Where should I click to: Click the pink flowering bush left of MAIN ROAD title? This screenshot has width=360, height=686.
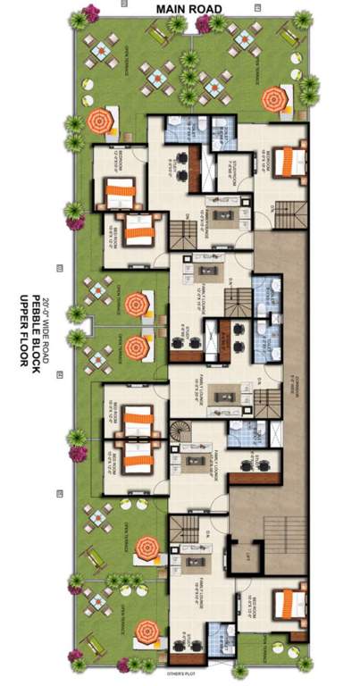88,16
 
